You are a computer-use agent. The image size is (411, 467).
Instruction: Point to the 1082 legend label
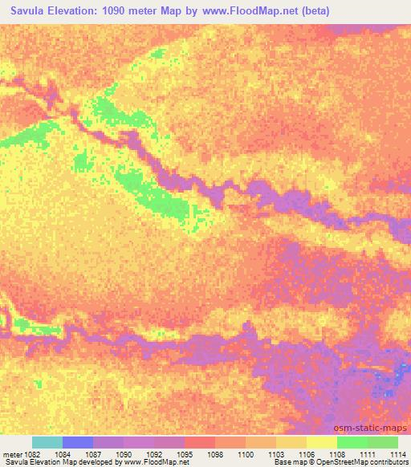[x=32, y=453]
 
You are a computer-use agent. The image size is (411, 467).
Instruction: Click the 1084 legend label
[x=63, y=453]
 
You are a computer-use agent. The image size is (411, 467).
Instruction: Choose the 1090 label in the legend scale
[x=124, y=453]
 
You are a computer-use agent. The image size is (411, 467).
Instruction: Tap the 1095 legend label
[x=185, y=453]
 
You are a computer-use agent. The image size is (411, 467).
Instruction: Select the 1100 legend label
[x=246, y=453]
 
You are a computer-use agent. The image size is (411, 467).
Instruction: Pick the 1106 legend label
[x=307, y=453]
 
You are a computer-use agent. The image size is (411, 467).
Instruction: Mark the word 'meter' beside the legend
[x=11, y=453]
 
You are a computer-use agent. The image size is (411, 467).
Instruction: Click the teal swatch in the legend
[x=47, y=442]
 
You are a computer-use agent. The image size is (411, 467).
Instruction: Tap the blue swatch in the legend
[x=78, y=442]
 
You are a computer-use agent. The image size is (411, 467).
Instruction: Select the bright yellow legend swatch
[x=322, y=442]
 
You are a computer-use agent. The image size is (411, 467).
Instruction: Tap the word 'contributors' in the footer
[x=389, y=463]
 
